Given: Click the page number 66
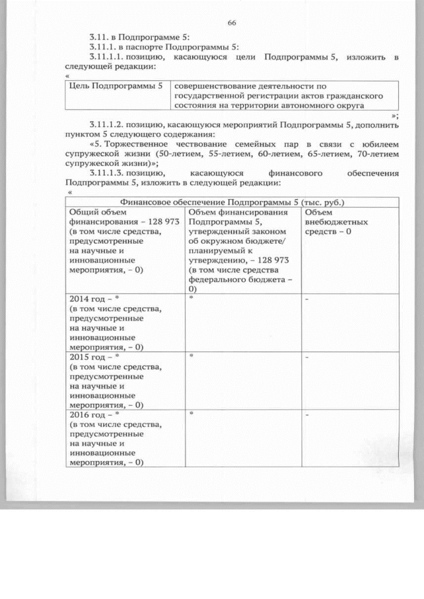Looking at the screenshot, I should pyautogui.click(x=232, y=23).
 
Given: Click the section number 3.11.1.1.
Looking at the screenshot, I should pyautogui.click(x=109, y=58).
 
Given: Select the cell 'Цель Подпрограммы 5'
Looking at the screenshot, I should pyautogui.click(x=116, y=86).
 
